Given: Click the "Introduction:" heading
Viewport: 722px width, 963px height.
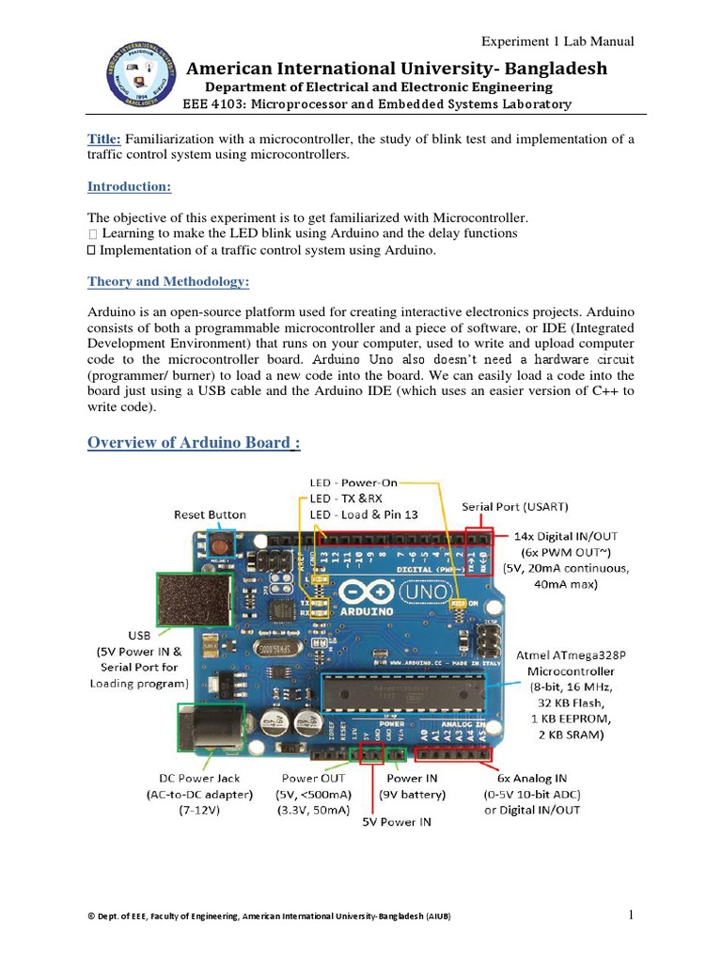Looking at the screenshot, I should [x=129, y=187].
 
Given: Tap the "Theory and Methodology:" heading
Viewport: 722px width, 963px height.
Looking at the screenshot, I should [x=168, y=281].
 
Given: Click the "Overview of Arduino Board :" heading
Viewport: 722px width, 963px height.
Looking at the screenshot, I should [x=194, y=442].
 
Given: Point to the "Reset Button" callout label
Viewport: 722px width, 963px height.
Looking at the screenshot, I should [x=210, y=514].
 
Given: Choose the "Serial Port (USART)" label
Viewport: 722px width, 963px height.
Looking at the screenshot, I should [x=515, y=507].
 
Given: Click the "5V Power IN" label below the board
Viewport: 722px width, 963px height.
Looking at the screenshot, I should [x=397, y=821].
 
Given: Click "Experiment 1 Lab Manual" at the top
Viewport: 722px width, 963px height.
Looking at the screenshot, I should [x=557, y=41].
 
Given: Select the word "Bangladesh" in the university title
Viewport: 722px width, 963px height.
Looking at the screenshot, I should [x=554, y=69].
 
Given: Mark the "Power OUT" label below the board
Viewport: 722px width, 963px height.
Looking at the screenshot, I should [x=314, y=778].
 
